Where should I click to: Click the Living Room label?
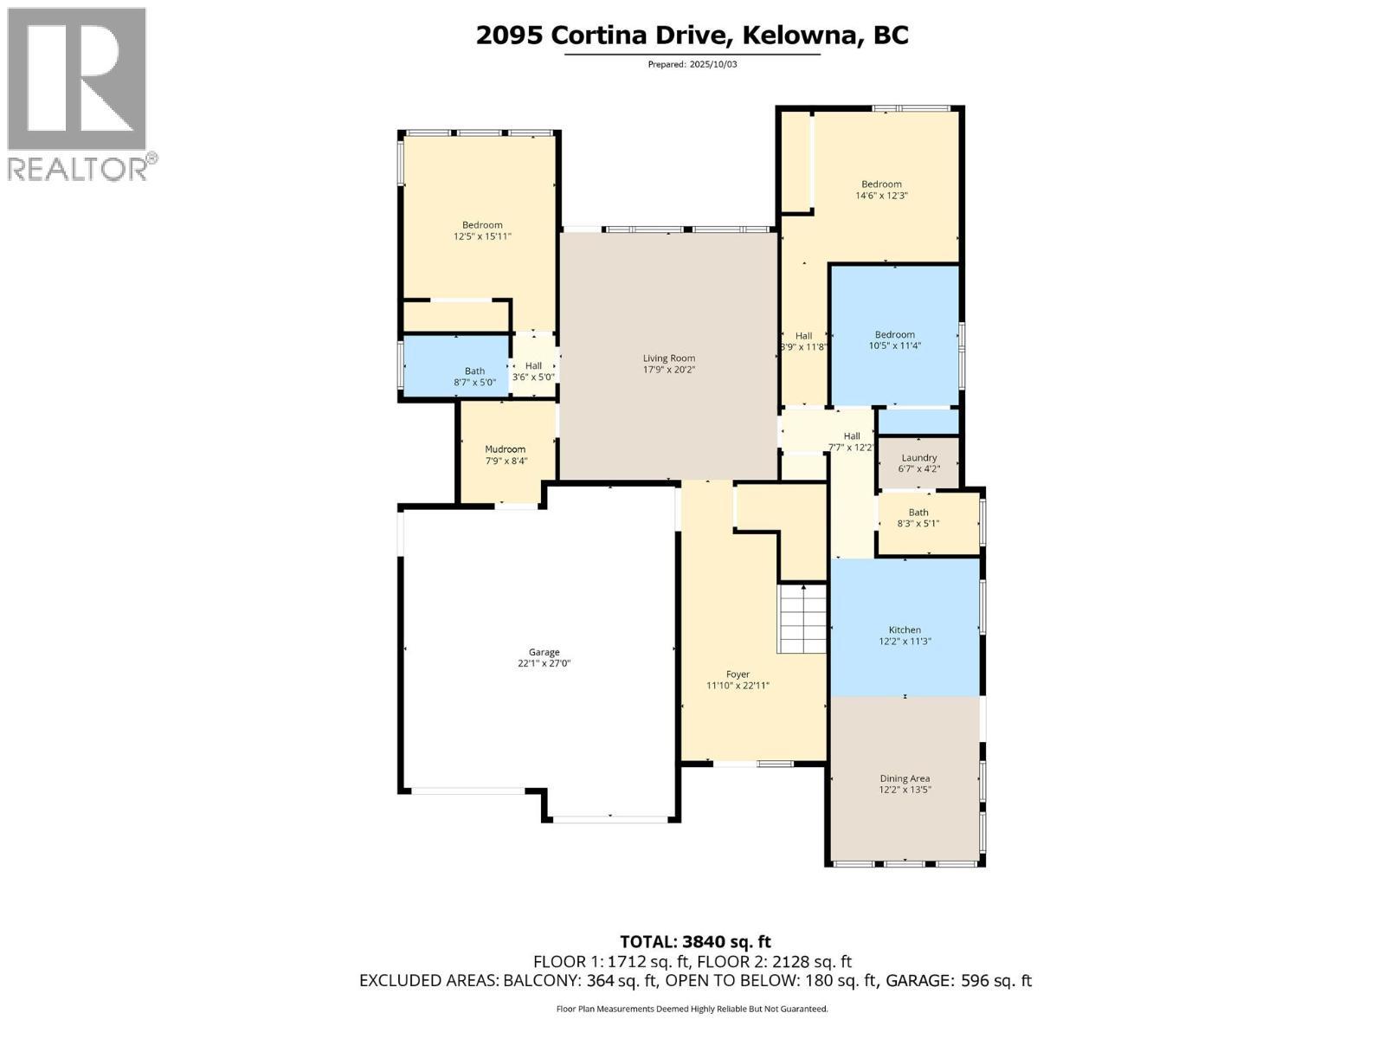[x=668, y=358]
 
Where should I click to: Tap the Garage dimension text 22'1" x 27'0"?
[x=544, y=664]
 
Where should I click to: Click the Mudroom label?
[x=506, y=449]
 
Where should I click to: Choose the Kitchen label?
[x=905, y=629]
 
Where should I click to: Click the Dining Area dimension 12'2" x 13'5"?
[x=905, y=790]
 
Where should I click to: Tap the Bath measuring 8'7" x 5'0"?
[x=474, y=376]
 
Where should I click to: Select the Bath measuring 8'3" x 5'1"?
[x=918, y=518]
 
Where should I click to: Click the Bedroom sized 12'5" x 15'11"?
[x=482, y=230]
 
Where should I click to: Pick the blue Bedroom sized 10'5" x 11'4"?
[x=894, y=339]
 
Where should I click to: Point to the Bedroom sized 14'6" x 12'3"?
[x=881, y=190]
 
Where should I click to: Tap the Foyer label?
[x=738, y=674]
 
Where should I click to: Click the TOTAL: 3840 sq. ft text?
[x=695, y=941]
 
